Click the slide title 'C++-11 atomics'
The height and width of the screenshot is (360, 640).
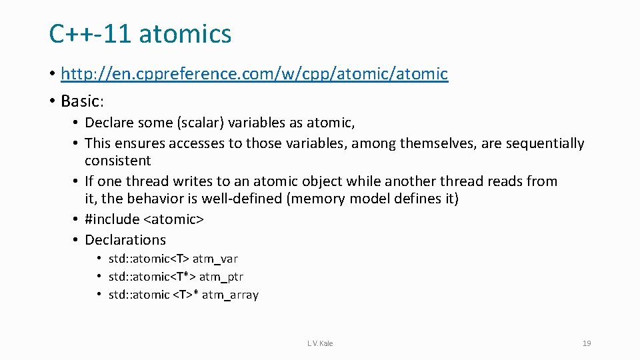tap(140, 33)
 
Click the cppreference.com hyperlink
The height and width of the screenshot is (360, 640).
tap(254, 73)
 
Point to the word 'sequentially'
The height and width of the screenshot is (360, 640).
tap(545, 143)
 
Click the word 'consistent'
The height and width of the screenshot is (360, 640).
tap(117, 161)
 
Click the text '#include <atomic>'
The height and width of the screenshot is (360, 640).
tap(145, 219)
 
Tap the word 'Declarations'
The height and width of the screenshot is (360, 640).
tap(125, 240)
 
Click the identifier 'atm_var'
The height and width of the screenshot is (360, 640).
tap(215, 259)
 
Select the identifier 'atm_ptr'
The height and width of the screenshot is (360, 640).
tap(221, 277)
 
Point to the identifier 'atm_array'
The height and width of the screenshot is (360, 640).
tap(230, 295)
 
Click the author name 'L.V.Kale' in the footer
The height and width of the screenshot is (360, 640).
tap(320, 343)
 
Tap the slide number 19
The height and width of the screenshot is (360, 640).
tap(586, 343)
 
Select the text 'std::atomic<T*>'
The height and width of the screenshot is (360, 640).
tap(151, 277)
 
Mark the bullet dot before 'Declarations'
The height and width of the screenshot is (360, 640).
tap(77, 240)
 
